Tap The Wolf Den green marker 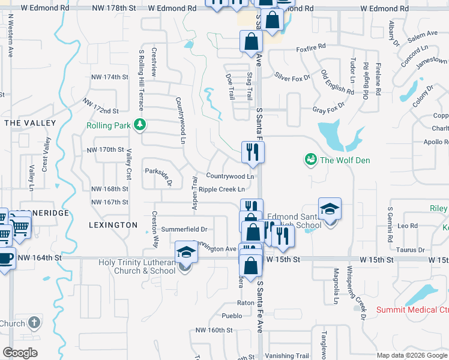pyautogui.click(x=311, y=160)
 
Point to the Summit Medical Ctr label pyautogui.click(x=412, y=310)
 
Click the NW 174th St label pyautogui.click(x=108, y=77)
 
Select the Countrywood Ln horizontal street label pyautogui.click(x=230, y=176)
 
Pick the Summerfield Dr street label pyautogui.click(x=188, y=229)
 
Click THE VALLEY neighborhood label pyautogui.click(x=30, y=123)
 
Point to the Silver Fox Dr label pyautogui.click(x=292, y=77)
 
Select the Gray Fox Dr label pyautogui.click(x=329, y=110)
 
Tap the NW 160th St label pyautogui.click(x=214, y=331)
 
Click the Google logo pyautogui.click(x=20, y=353)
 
